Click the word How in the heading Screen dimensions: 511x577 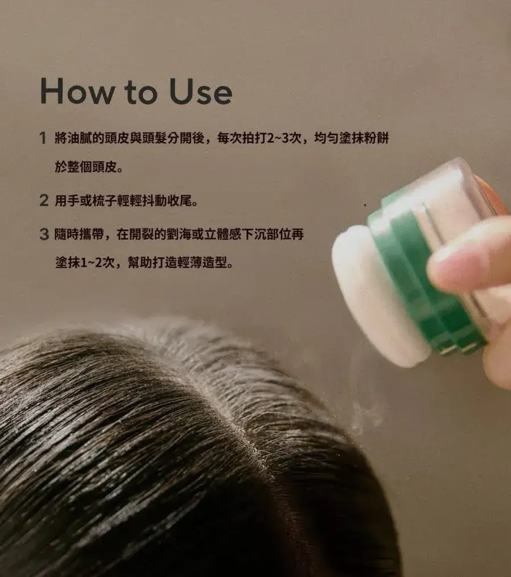(77, 91)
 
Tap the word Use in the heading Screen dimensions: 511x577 (200, 91)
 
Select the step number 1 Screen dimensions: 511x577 (43, 138)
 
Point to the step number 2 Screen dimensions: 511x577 (43, 200)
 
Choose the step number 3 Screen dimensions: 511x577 (44, 234)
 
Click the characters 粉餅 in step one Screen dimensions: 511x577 (376, 138)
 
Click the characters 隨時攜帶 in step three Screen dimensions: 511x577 (79, 234)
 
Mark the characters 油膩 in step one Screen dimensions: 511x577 (79, 138)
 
